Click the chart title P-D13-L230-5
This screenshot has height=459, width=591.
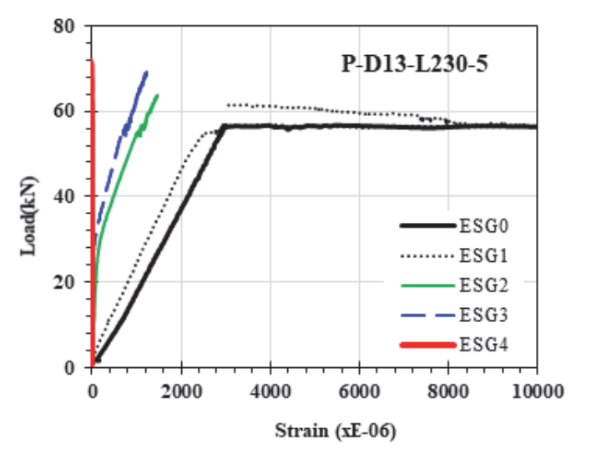pyautogui.click(x=415, y=64)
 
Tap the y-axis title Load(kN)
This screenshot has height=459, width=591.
pyautogui.click(x=29, y=216)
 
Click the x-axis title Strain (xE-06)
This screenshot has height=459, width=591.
pyautogui.click(x=336, y=431)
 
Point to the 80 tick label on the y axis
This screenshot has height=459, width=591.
pyautogui.click(x=64, y=27)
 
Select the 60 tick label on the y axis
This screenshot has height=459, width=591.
pyautogui.click(x=64, y=112)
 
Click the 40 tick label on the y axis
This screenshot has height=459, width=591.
pyautogui.click(x=64, y=196)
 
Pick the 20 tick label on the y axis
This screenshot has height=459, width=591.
pyautogui.click(x=64, y=282)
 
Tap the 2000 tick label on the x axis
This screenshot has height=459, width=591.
pyautogui.click(x=181, y=391)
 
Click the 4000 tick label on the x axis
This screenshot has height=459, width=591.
pyautogui.click(x=270, y=391)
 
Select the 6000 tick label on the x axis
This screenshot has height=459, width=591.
pyautogui.click(x=359, y=391)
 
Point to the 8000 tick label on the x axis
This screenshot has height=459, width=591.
pyautogui.click(x=448, y=391)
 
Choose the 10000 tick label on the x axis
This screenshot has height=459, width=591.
pyautogui.click(x=538, y=391)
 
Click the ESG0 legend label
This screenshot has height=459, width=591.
pyautogui.click(x=484, y=226)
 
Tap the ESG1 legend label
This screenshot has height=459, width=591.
pyautogui.click(x=484, y=256)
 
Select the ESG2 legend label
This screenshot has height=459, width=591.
pyautogui.click(x=484, y=285)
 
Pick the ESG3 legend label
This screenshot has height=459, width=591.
pyautogui.click(x=484, y=315)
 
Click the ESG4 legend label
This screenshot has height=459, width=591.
pyautogui.click(x=484, y=345)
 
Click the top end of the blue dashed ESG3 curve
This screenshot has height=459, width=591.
pyautogui.click(x=147, y=72)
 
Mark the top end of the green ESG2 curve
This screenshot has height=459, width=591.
pyautogui.click(x=157, y=95)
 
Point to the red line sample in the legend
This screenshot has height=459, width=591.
pyautogui.click(x=427, y=345)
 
